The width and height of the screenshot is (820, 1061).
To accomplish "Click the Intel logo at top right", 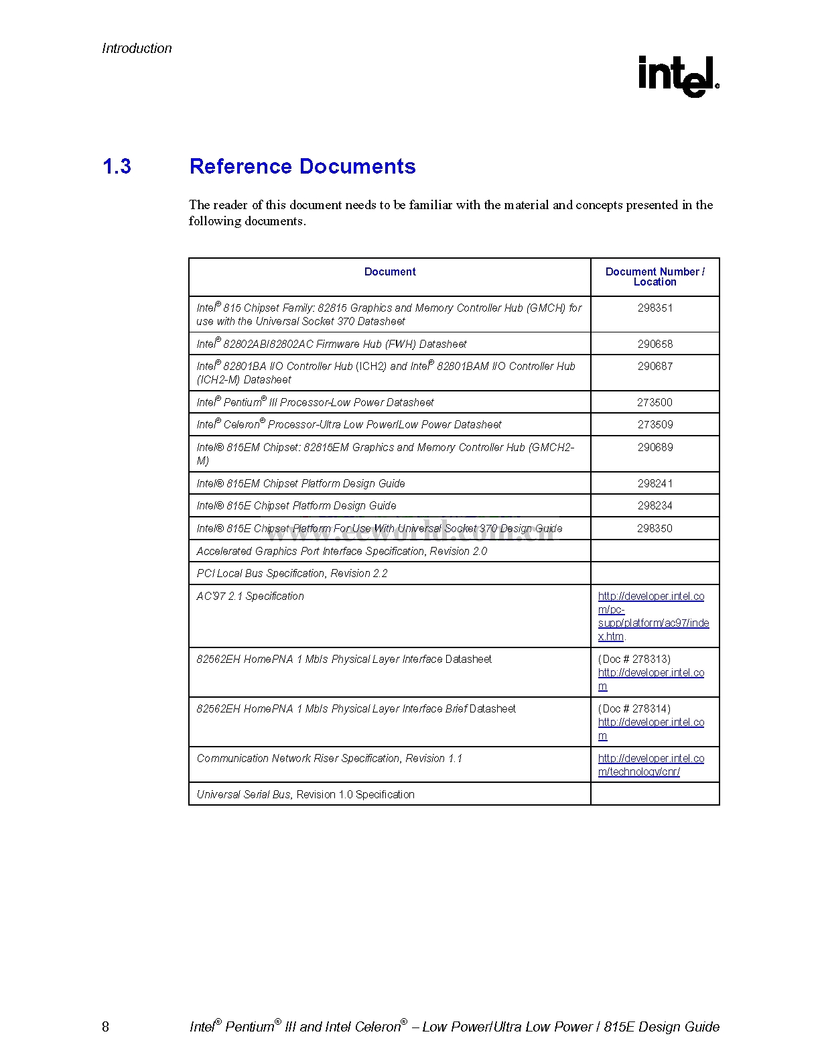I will click(677, 76).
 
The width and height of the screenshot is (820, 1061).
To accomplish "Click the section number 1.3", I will click(117, 166).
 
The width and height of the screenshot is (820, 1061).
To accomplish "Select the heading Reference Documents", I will click(302, 166).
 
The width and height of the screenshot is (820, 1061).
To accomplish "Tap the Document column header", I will click(389, 271).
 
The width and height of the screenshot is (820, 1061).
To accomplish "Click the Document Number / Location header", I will click(655, 277).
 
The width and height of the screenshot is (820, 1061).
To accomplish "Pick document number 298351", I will click(655, 308).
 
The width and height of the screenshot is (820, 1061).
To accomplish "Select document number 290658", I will click(655, 344).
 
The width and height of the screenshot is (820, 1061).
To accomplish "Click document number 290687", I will click(655, 366).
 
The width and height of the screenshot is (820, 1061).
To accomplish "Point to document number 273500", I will click(655, 402).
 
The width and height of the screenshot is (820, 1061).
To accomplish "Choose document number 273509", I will click(655, 424).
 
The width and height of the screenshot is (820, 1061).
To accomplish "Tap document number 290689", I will click(655, 447).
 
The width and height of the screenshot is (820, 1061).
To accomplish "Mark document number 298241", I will click(655, 483).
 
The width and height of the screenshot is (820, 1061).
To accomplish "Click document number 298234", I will click(655, 505).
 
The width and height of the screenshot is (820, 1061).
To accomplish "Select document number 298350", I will click(655, 528).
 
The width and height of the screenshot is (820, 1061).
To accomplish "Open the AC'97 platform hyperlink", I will click(653, 616).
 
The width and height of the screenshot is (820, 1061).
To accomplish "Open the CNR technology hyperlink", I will click(651, 765).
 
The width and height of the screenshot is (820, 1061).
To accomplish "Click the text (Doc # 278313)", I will click(634, 659).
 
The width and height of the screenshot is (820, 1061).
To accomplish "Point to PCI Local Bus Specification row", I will click(292, 573).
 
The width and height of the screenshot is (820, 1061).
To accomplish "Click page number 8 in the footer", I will click(105, 1027).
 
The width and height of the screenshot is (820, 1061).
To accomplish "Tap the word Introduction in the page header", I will click(137, 48).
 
